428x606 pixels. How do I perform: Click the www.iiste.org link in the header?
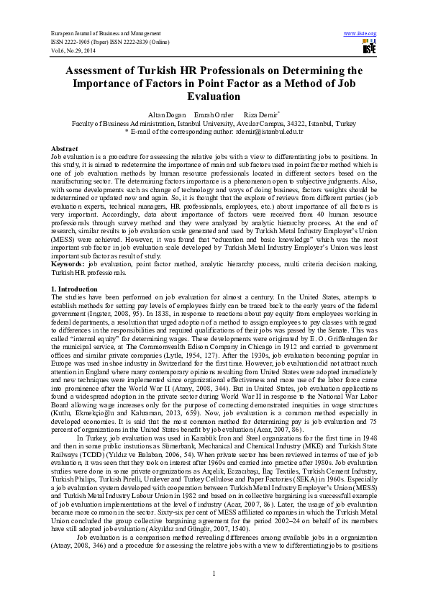361,34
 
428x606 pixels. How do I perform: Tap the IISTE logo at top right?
369,48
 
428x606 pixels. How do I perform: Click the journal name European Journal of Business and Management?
104,34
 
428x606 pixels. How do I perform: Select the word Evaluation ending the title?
214,96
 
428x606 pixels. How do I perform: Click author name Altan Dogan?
165,115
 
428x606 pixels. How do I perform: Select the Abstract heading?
65,148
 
